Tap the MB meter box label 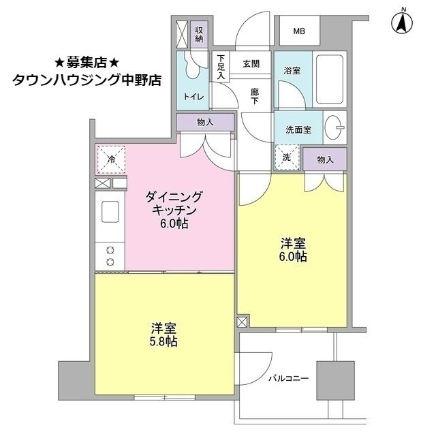300,31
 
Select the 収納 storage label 200,33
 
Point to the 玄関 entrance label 250,64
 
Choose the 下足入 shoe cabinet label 221,67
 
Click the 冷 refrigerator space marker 111,161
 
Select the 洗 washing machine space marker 286,158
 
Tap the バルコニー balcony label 288,377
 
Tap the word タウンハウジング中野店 87,80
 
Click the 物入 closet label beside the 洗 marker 325,159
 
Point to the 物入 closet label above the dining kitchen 205,123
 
